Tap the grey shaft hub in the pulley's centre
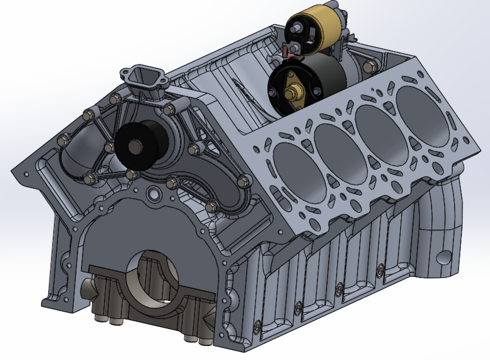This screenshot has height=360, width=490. click(x=136, y=147)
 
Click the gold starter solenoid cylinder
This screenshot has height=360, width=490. click(x=318, y=25)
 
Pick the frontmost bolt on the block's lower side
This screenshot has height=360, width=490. click(x=257, y=327)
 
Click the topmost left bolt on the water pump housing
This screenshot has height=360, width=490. click(x=116, y=100)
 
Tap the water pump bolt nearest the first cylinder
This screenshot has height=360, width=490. click(x=243, y=181)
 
